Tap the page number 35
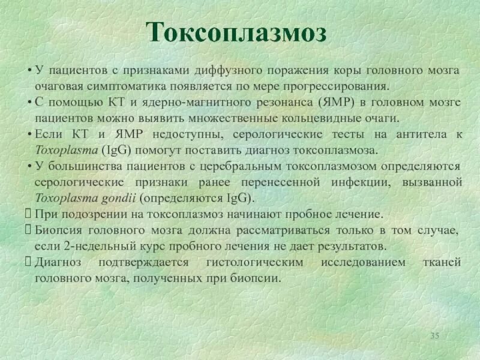[435, 335]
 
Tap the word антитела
[421, 134]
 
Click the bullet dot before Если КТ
[29, 134]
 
